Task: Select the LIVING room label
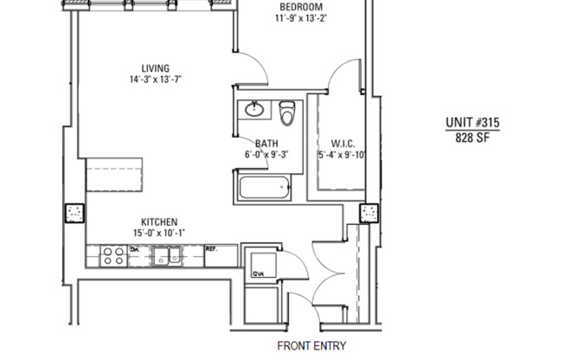156,68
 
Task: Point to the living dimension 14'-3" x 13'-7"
156,80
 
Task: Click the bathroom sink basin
254,110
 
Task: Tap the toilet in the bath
289,111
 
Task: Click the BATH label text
266,144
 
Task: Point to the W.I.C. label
343,144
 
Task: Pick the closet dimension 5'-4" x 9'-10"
343,155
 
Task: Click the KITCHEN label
160,222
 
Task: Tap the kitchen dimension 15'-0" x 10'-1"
160,233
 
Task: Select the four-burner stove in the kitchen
112,255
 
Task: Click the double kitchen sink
166,255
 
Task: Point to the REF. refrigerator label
212,249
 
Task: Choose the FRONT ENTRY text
311,346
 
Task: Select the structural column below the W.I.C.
369,213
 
